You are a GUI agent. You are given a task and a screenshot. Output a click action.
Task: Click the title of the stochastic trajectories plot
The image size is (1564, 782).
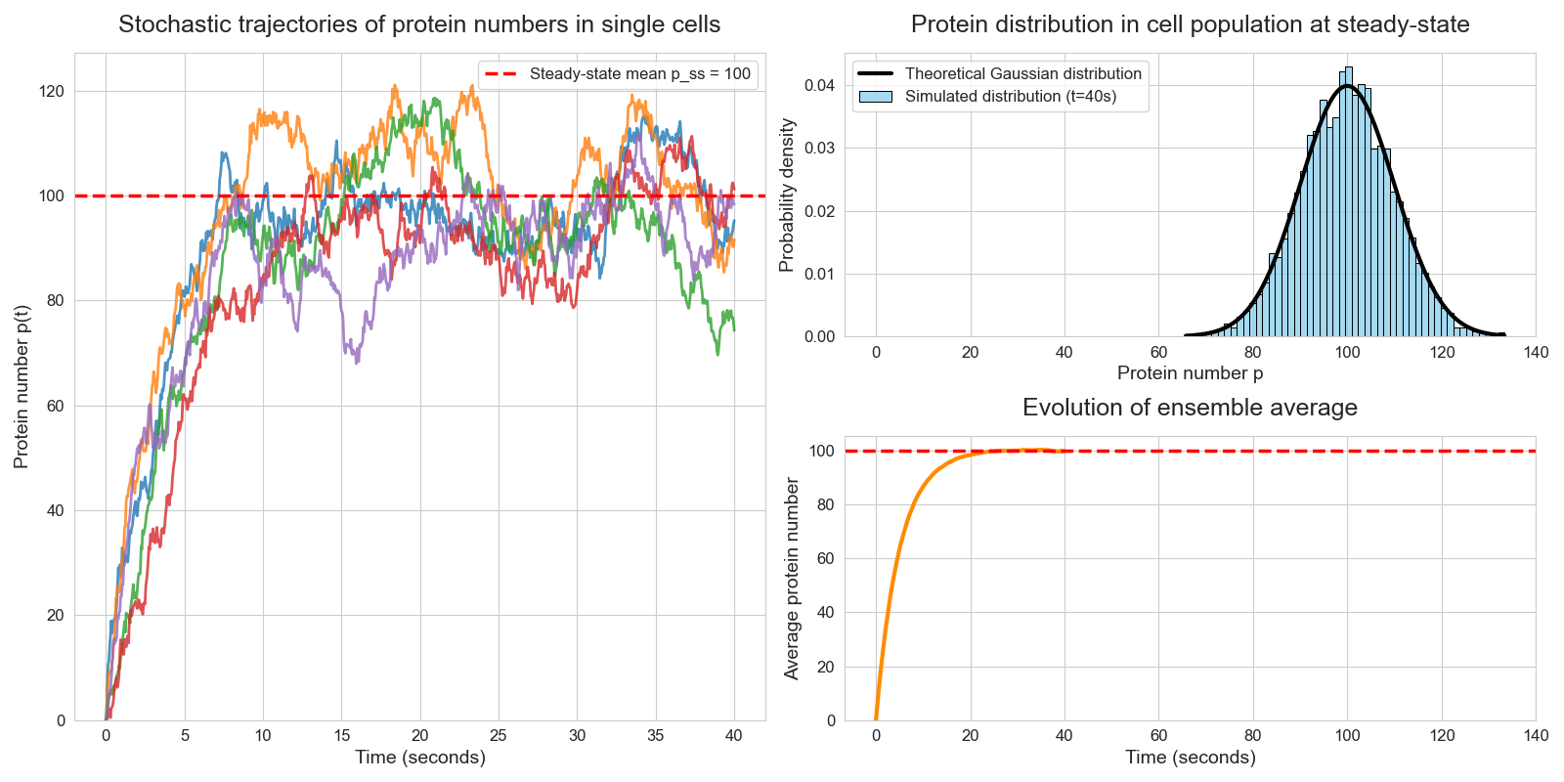[419, 24]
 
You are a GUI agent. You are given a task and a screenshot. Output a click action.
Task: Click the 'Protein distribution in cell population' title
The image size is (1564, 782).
[1190, 24]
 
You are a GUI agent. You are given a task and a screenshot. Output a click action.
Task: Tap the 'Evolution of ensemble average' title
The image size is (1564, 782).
[1190, 408]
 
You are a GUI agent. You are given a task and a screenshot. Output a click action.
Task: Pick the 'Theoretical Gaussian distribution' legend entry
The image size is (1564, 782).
[1022, 73]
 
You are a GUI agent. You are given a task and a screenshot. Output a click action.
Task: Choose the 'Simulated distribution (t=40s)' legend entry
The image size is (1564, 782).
[1010, 96]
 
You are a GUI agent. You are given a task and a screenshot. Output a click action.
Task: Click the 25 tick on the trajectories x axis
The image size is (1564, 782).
[499, 736]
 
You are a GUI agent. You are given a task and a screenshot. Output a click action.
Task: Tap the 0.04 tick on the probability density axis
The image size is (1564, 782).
[819, 86]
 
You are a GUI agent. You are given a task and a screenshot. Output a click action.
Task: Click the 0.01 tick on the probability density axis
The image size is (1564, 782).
[819, 274]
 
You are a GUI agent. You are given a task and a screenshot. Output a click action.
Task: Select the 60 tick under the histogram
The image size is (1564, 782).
[1158, 353]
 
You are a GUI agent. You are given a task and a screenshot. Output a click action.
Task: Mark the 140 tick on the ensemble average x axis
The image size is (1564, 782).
[1536, 736]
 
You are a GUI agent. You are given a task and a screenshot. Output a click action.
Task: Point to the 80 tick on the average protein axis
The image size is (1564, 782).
[825, 505]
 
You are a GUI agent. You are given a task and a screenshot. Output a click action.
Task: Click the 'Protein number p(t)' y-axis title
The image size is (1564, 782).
[22, 386]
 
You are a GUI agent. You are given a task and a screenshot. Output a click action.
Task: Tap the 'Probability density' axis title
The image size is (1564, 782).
[787, 195]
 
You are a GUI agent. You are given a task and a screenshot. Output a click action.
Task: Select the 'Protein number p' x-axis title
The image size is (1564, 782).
[1190, 372]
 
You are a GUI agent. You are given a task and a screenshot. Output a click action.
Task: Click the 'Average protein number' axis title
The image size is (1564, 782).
[792, 579]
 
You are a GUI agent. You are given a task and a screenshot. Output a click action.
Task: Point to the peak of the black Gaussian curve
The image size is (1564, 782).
[1348, 86]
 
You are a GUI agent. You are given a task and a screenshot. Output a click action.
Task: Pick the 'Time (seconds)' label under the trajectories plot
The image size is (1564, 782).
[419, 757]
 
